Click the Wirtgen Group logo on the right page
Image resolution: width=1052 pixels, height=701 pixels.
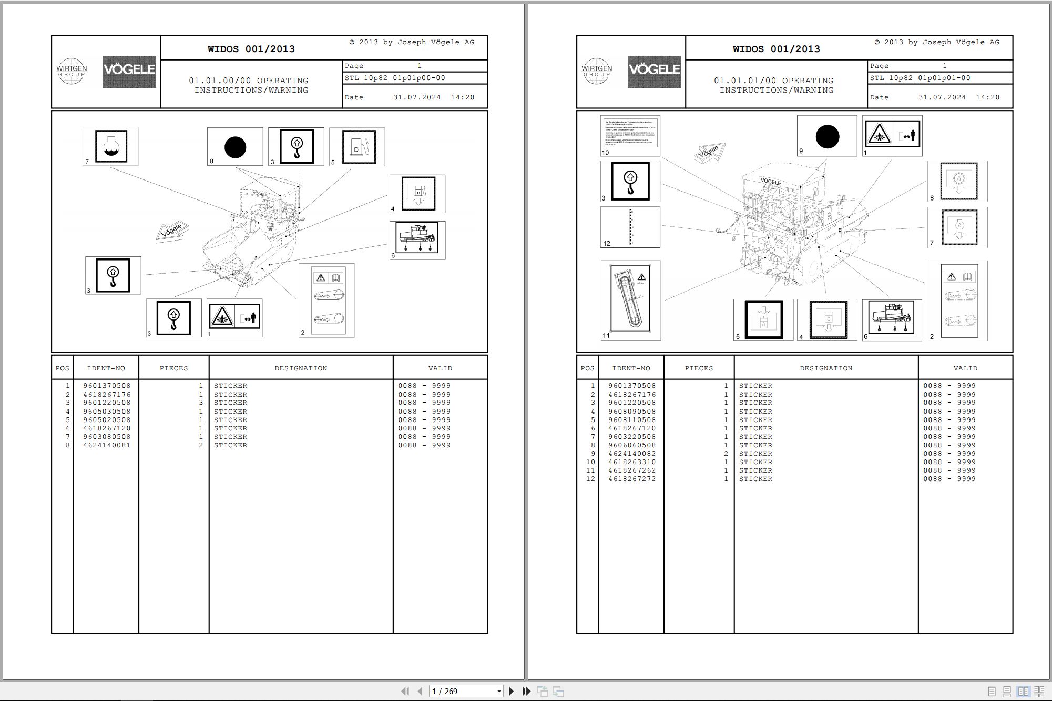click(597, 71)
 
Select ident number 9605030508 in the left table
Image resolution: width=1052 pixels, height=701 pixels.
click(107, 412)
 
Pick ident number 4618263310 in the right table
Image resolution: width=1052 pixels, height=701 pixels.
click(632, 462)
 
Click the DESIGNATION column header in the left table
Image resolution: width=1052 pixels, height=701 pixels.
click(301, 368)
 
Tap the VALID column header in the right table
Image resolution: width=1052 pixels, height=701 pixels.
click(965, 368)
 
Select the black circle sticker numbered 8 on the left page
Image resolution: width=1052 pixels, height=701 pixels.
click(235, 147)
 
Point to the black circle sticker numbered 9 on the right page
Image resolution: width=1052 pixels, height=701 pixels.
click(827, 137)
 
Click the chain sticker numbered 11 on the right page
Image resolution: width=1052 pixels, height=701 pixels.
click(630, 298)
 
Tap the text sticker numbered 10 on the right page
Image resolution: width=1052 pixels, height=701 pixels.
click(630, 134)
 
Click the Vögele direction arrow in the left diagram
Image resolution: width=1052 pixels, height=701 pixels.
click(172, 231)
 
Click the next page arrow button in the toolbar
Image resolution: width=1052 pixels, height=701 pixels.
click(511, 691)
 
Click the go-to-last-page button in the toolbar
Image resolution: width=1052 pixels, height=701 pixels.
click(526, 691)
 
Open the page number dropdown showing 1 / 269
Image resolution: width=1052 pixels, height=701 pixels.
click(499, 692)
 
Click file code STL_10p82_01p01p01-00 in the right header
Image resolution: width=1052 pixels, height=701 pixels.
click(920, 78)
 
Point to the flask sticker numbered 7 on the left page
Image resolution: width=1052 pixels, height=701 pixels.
click(111, 146)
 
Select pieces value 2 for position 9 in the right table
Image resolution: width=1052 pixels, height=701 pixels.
click(726, 454)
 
